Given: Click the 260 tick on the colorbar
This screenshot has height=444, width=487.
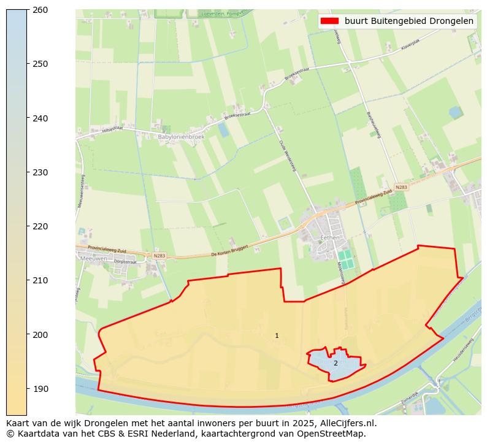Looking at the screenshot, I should tap(40, 10).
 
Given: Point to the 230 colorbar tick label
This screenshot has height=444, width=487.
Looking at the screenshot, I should tap(40, 172).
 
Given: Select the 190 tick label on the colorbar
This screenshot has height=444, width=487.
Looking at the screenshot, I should tap(40, 389).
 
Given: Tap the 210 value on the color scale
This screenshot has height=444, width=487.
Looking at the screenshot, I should tap(40, 280).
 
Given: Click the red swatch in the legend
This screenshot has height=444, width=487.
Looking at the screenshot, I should tap(329, 21).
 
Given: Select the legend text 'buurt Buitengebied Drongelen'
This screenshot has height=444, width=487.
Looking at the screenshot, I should tap(409, 21).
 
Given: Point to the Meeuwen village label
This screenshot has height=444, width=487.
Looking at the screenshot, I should tap(93, 258).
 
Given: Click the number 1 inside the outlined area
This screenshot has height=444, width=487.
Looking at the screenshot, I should tap(277, 335).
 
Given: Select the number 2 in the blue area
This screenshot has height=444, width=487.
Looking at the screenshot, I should tap(336, 363).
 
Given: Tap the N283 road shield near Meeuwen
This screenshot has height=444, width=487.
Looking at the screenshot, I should tap(159, 256).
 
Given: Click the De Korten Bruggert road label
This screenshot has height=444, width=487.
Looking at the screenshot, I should tap(229, 250).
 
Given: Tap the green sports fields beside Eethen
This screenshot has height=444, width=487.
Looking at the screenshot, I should tap(346, 259).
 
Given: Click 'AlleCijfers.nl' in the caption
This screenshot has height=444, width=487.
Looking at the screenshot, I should tap(341, 423).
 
